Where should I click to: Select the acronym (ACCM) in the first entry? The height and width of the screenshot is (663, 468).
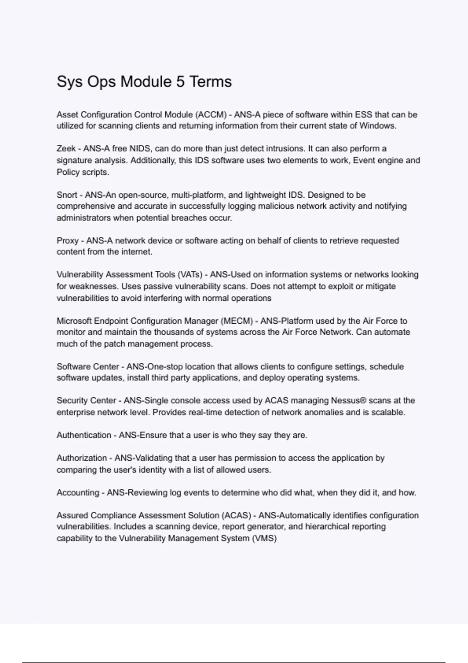(211, 115)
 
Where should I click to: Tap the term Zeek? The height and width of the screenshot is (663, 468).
(66, 149)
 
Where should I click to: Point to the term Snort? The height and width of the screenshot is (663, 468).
(67, 195)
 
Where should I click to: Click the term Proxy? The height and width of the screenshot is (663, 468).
(68, 241)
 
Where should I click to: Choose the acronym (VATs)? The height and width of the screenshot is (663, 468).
(190, 275)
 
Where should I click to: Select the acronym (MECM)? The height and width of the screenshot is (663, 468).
(237, 321)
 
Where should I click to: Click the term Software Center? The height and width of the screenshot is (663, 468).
(88, 367)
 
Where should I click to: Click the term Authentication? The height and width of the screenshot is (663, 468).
(84, 435)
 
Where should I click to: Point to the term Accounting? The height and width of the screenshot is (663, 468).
(78, 493)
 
